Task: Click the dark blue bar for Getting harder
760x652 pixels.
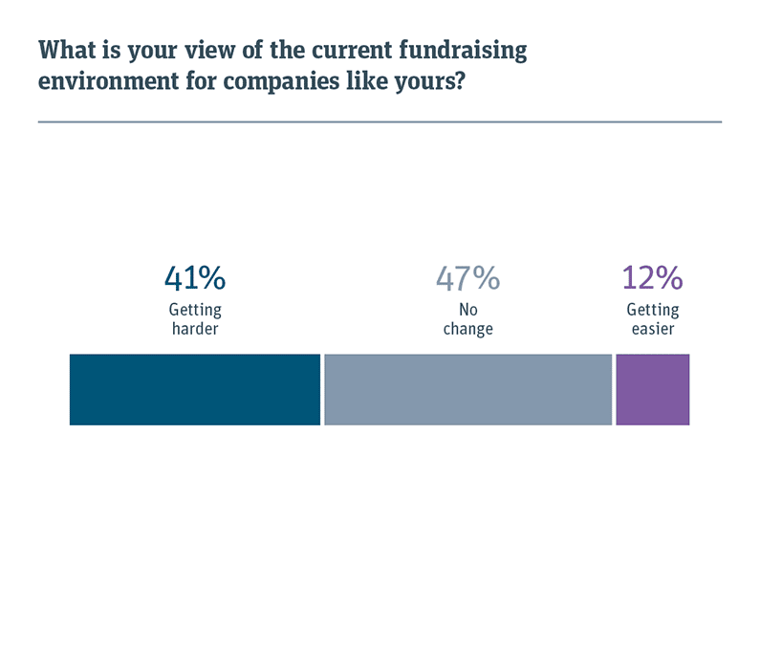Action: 194,389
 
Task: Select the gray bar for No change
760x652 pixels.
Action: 467,389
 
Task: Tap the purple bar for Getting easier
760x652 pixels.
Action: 652,389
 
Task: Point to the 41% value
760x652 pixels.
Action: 195,278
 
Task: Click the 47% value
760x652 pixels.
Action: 467,278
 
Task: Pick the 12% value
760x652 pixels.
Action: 652,278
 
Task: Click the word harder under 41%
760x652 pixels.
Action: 195,329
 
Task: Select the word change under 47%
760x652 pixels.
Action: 467,329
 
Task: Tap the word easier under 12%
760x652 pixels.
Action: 652,329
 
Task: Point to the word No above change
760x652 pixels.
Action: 467,311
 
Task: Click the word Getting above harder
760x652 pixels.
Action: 195,311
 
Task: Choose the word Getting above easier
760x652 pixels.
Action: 652,311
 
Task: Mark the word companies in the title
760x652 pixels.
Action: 275,81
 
